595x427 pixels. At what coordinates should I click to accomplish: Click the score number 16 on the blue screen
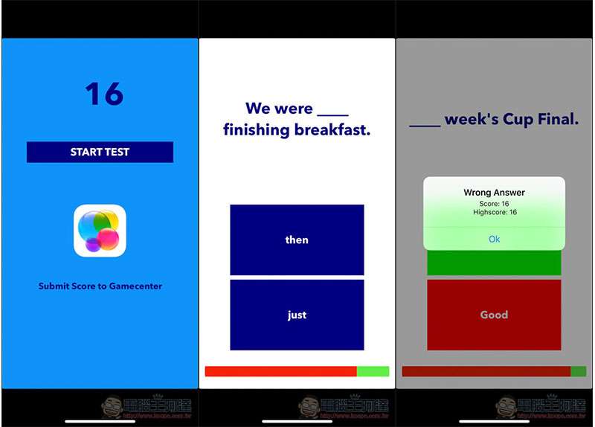103,94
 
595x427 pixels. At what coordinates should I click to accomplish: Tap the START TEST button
100,152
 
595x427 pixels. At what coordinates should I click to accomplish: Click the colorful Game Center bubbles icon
100,231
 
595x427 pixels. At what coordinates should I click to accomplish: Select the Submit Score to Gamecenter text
100,286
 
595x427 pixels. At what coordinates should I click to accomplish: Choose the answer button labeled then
297,240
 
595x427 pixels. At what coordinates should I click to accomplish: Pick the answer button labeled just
297,315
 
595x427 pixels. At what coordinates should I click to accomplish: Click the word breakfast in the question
332,130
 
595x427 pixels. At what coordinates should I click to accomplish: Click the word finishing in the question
257,130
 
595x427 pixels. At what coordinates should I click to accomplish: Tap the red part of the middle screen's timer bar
280,371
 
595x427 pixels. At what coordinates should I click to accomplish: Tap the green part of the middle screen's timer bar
373,371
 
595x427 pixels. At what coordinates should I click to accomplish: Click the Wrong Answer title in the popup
494,193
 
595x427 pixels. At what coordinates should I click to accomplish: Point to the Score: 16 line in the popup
494,203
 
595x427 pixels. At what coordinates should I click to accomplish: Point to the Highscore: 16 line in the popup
494,212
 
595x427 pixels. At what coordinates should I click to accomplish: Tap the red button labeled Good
494,315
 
